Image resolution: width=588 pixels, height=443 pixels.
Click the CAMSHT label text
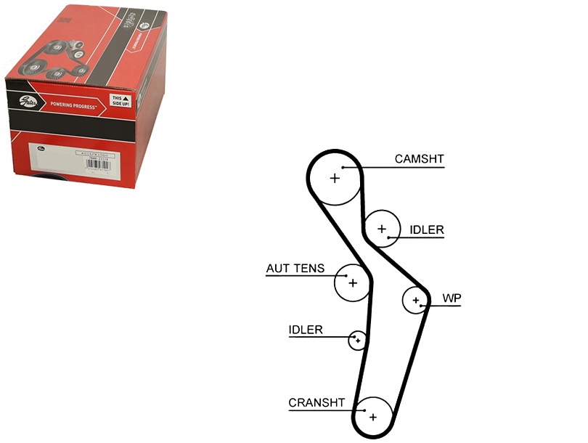pos(419,158)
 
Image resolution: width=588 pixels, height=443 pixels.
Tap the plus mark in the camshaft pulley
pos(335,178)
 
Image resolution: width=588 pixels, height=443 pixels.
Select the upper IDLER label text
pos(426,230)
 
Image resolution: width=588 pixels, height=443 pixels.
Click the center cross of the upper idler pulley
pos(382,229)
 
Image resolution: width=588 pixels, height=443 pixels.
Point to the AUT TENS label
pos(295,269)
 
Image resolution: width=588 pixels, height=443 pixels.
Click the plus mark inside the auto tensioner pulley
pos(353,283)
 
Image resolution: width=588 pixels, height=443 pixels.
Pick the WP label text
pos(452,298)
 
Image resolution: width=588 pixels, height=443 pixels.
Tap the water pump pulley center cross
pos(416,300)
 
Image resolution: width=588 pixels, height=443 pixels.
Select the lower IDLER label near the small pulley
pos(306,330)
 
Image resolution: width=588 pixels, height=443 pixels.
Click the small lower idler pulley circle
pos(357,340)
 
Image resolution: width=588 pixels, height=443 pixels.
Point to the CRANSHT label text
pos(317,402)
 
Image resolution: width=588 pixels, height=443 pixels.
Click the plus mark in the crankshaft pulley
pos(373,417)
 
